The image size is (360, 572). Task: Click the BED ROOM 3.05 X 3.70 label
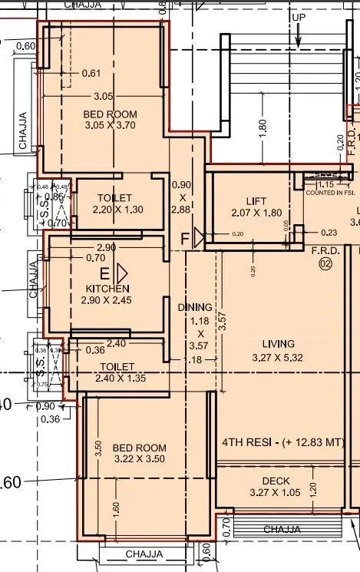(x=111, y=120)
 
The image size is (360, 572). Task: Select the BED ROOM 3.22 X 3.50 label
(x=139, y=454)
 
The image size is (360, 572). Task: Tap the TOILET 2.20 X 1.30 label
(x=114, y=203)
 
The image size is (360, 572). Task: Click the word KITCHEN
(x=107, y=288)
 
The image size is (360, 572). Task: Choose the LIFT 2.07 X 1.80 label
(x=250, y=207)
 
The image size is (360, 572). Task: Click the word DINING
(x=195, y=307)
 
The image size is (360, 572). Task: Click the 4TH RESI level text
(x=282, y=443)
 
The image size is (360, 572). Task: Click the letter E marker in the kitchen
(x=104, y=273)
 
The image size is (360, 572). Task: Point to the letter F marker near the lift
(x=185, y=239)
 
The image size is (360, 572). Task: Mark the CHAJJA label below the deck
(x=282, y=530)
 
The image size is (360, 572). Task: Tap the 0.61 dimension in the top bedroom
(x=91, y=74)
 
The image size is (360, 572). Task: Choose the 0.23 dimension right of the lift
(x=329, y=233)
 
